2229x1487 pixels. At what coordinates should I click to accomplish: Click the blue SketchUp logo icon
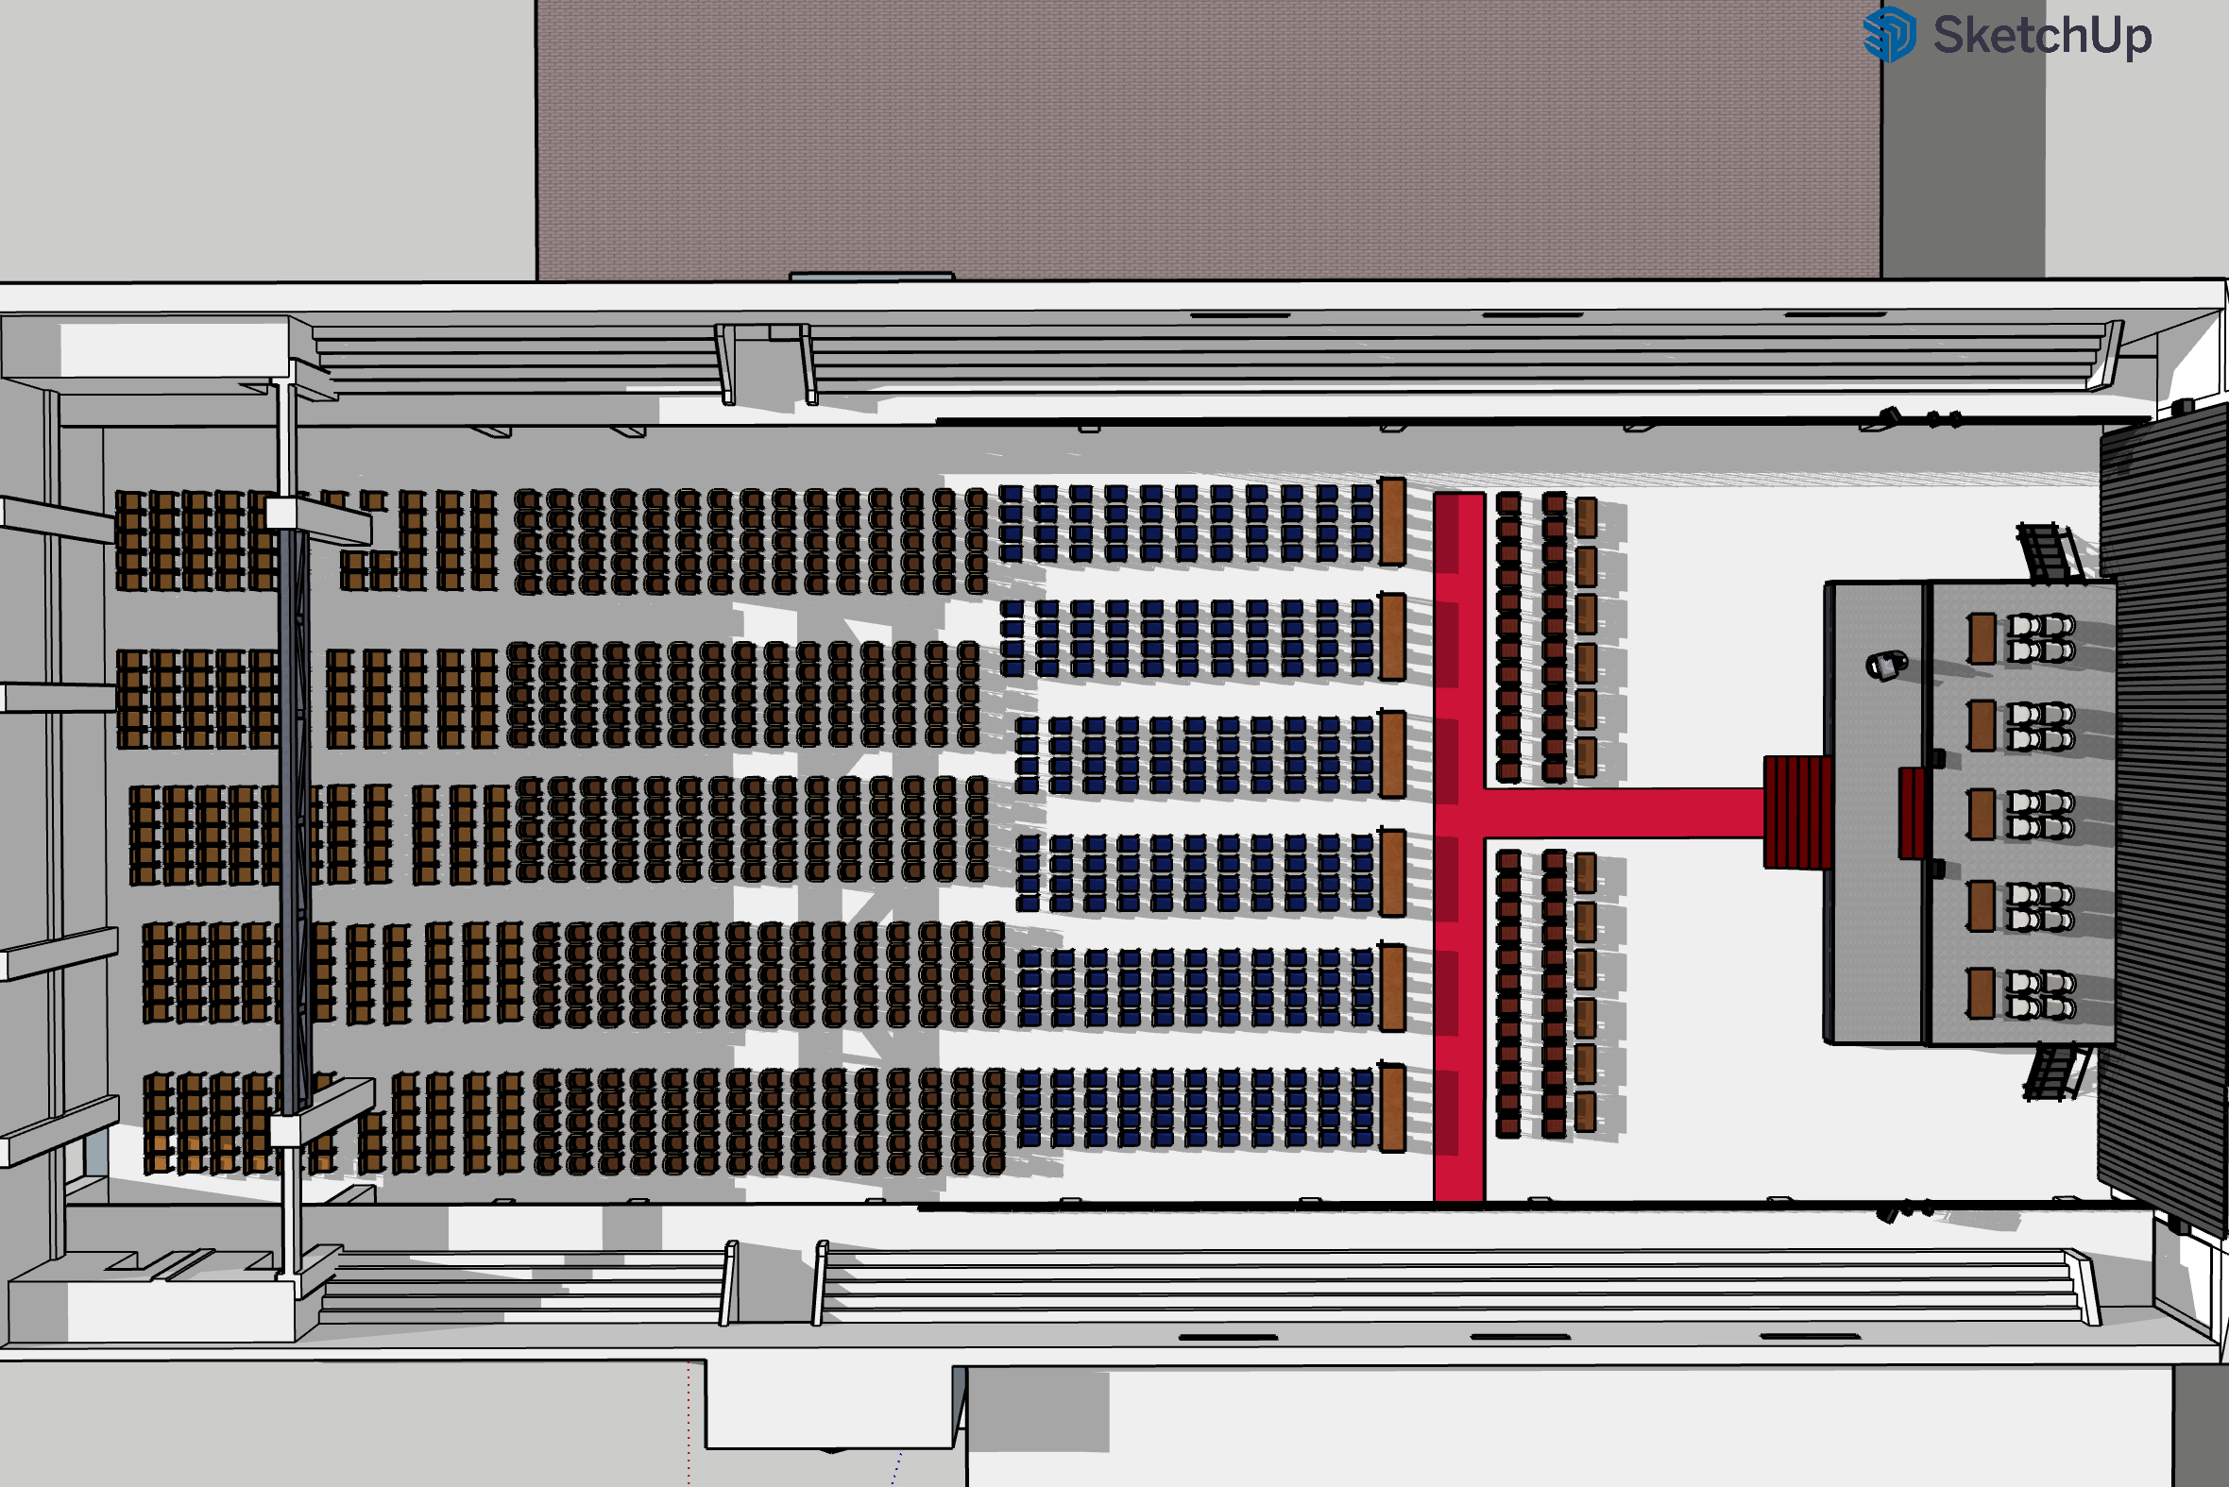pos(1888,34)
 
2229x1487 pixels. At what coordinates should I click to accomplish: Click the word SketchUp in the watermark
pos(2042,36)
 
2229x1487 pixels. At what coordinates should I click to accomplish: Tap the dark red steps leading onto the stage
pos(1797,812)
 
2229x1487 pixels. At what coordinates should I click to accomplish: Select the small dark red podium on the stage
pos(1913,814)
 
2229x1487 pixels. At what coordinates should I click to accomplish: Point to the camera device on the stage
pos(1886,665)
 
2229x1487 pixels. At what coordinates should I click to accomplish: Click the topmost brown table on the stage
pos(1982,638)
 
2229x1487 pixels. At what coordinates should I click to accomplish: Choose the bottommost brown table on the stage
pos(1981,993)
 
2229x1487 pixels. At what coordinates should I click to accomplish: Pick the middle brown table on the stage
pos(1982,814)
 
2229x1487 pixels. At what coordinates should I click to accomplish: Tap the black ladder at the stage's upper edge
pos(2049,551)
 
